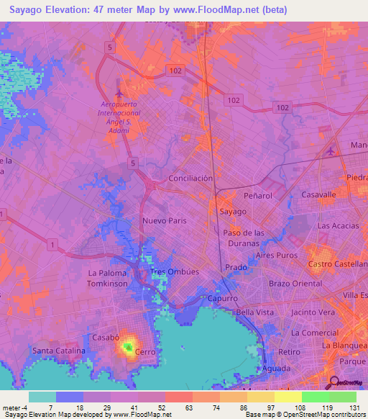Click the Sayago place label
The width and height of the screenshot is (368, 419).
click(x=233, y=212)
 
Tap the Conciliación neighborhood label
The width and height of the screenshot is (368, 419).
click(x=190, y=178)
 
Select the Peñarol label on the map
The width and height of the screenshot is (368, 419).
click(x=258, y=195)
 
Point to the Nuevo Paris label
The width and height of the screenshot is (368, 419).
click(x=164, y=221)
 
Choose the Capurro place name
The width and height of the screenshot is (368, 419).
click(x=224, y=298)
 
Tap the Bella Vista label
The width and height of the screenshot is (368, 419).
click(x=255, y=312)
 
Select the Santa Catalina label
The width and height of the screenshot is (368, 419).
click(x=58, y=351)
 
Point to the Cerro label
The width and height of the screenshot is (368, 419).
click(x=146, y=352)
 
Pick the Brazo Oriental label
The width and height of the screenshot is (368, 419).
click(x=295, y=284)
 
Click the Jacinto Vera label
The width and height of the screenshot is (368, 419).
click(x=313, y=312)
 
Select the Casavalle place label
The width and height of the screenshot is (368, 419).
click(x=318, y=195)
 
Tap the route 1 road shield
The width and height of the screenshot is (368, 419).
click(x=52, y=245)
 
